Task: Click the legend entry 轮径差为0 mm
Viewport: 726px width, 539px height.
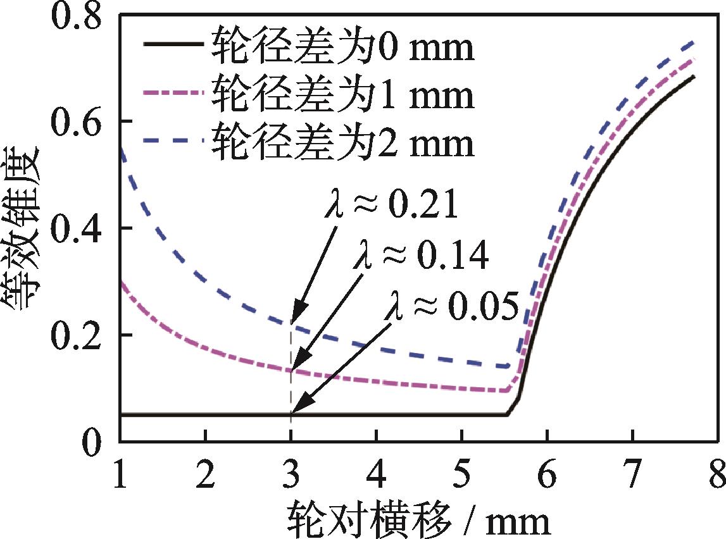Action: pyautogui.click(x=342, y=48)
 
